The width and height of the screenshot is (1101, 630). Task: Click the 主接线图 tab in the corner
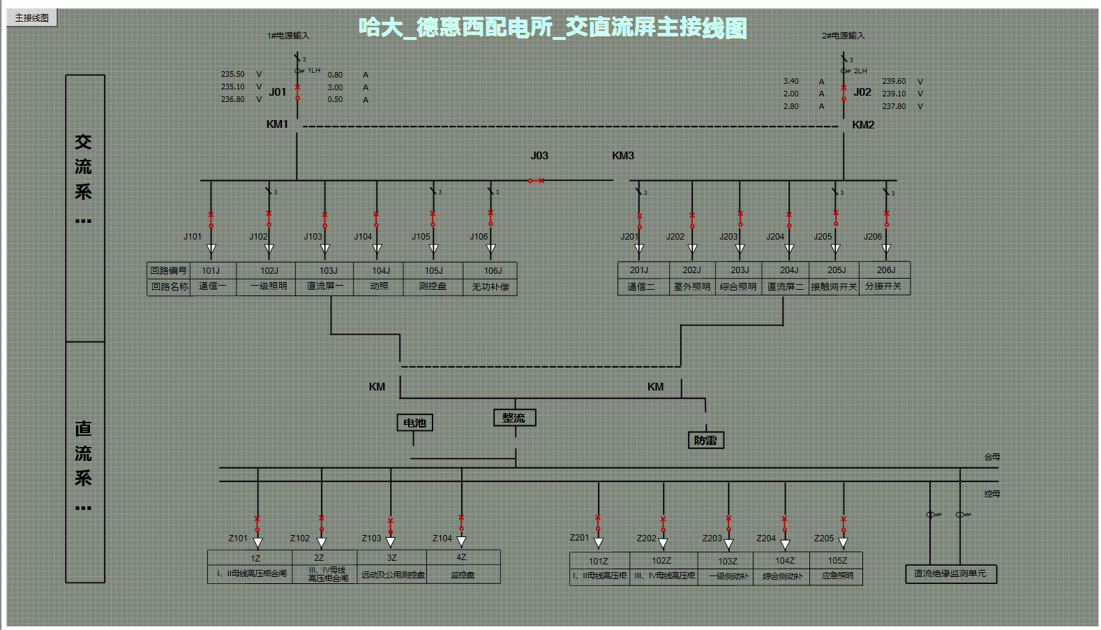(32, 18)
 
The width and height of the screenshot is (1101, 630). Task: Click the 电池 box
(414, 423)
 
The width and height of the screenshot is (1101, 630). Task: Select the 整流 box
(514, 418)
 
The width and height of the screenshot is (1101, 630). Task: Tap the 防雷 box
(705, 440)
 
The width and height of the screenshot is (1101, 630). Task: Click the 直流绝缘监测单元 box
(950, 573)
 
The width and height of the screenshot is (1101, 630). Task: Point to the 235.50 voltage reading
(233, 74)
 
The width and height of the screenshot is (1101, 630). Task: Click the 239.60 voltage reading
(894, 81)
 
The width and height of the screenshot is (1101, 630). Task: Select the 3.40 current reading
(791, 81)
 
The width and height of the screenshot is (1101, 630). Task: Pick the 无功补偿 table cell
(490, 286)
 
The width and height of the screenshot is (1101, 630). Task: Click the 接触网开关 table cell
(834, 286)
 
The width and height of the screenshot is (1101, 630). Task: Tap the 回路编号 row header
(169, 270)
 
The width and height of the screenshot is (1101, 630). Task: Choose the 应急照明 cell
(837, 576)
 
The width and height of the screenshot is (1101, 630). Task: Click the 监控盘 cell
(463, 575)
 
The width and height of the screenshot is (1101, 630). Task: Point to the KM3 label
(623, 156)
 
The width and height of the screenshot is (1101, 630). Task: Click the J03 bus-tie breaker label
(539, 156)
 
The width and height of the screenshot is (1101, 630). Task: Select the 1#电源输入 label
(288, 36)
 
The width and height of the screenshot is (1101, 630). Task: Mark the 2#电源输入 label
(843, 36)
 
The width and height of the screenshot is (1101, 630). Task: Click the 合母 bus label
(992, 457)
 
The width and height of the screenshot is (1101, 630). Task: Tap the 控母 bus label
(992, 494)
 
